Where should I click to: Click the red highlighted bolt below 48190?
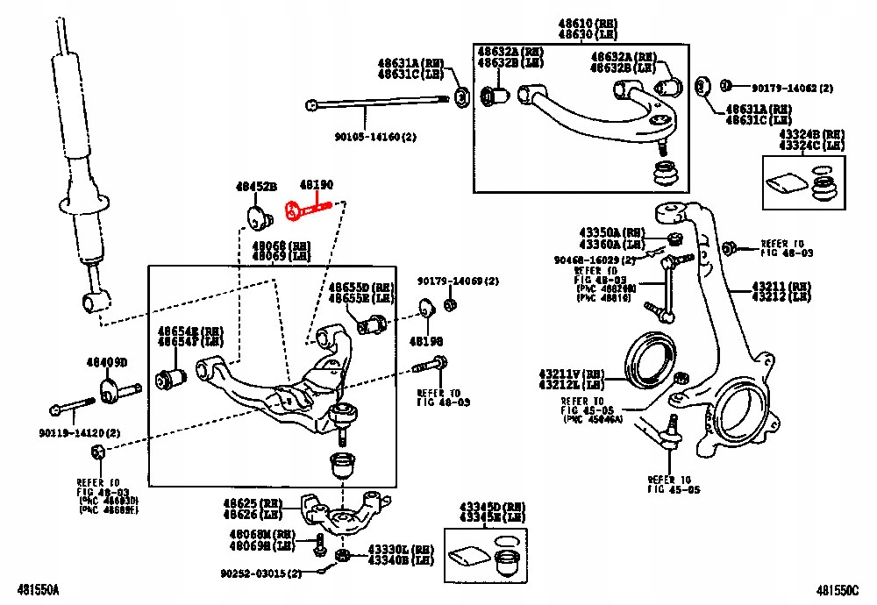click(x=308, y=210)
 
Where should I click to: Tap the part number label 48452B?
click(x=256, y=187)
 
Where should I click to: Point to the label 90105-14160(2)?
click(x=376, y=137)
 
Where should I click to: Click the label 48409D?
click(x=106, y=362)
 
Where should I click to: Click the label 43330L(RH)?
click(x=400, y=550)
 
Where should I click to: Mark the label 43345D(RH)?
click(x=490, y=508)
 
